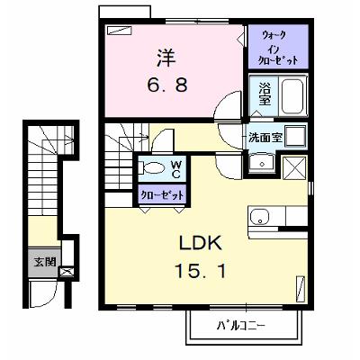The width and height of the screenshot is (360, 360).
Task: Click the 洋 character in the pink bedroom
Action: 166,58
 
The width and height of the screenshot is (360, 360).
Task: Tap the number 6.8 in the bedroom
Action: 167,85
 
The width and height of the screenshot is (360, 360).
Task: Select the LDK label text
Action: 201,243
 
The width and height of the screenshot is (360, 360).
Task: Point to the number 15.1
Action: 200,270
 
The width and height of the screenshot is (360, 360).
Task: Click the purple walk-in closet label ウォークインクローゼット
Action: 279,48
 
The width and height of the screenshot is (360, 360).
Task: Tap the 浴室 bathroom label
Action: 265,94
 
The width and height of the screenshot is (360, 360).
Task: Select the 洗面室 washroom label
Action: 265,138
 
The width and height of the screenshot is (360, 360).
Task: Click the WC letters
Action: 175,168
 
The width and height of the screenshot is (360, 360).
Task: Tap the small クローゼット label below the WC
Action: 162,196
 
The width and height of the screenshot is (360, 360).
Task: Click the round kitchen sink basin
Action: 260,217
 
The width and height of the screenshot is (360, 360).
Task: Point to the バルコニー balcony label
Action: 241,325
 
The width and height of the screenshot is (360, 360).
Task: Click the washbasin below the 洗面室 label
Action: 262,164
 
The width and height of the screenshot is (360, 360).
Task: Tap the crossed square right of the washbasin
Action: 294,167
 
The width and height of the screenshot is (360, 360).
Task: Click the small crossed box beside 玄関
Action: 66,272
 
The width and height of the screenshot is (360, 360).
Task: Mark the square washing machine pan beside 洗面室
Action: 295,136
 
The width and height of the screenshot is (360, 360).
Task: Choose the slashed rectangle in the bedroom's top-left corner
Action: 120,31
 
